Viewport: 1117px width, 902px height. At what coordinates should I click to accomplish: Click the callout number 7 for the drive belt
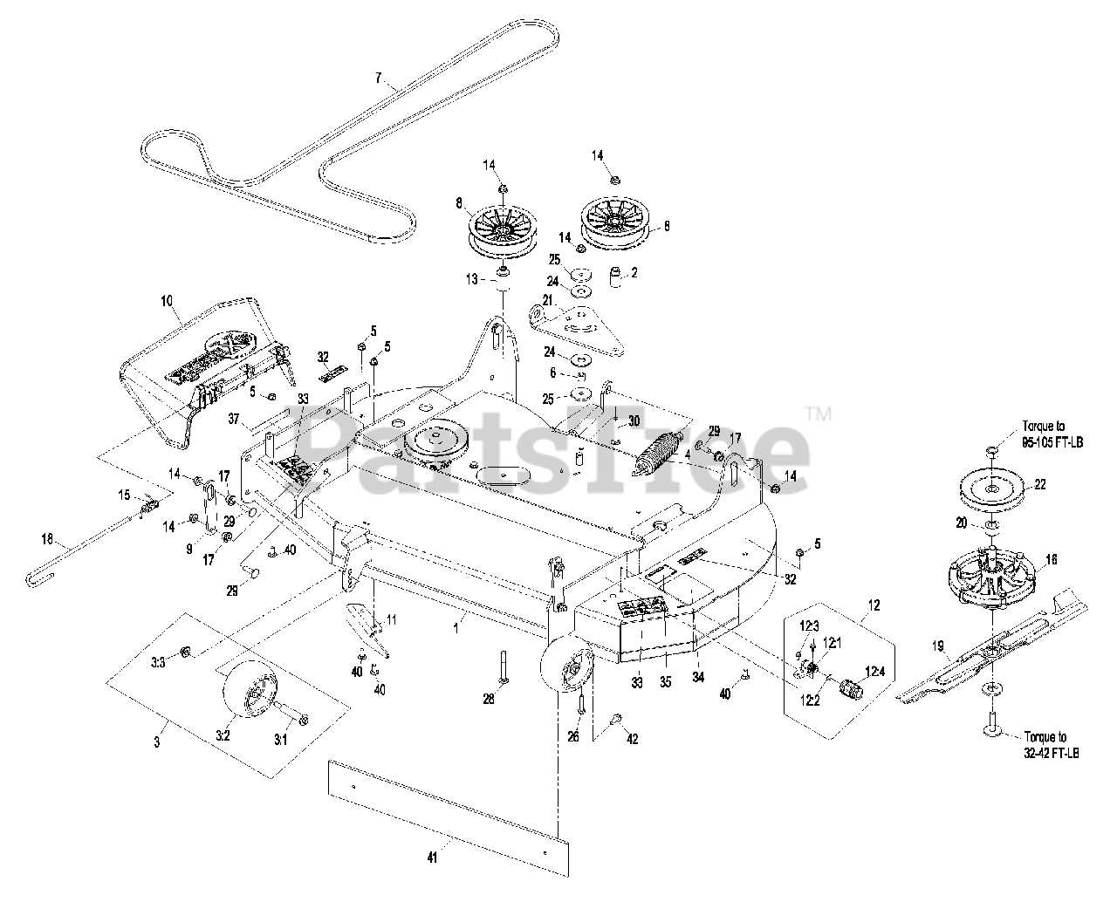[x=378, y=78]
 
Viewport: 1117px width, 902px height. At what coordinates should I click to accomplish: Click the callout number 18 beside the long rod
[x=47, y=539]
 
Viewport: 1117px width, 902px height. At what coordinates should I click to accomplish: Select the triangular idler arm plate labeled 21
[x=576, y=327]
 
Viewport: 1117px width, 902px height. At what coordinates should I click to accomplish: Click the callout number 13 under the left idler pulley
[x=472, y=278]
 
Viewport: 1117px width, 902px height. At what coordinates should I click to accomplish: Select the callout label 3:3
[x=158, y=663]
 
